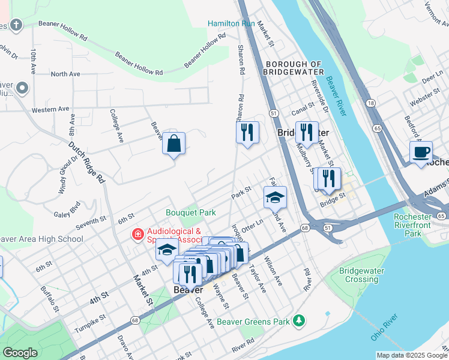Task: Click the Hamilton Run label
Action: [231, 23]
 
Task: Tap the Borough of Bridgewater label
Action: [294, 68]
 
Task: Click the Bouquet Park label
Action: [191, 212]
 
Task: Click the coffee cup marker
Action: [421, 152]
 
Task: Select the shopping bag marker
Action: [173, 144]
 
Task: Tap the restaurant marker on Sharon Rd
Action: [247, 132]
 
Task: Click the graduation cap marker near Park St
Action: [275, 197]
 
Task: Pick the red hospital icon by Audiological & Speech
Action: [138, 235]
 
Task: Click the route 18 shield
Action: [372, 103]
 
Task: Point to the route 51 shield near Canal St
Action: [273, 113]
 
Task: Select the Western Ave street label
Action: [50, 110]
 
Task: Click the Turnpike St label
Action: [90, 319]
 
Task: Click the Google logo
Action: [20, 353]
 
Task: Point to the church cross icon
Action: [16, 25]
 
